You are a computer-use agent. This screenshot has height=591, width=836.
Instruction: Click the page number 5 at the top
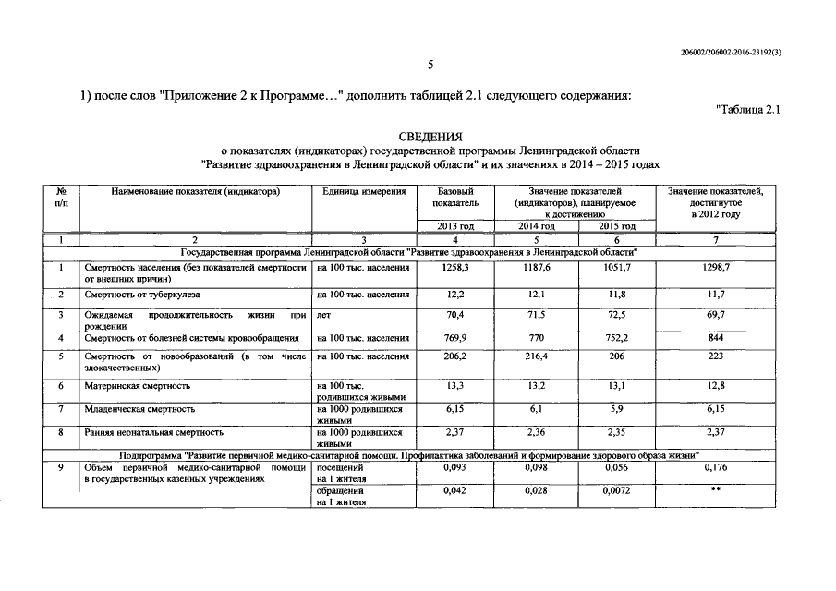click(430, 65)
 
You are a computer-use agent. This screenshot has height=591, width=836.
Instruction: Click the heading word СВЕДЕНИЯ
click(430, 136)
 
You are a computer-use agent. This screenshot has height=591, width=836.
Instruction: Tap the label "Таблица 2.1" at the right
click(749, 111)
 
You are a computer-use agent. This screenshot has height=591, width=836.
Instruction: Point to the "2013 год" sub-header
click(455, 226)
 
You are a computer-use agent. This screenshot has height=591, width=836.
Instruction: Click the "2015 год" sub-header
click(617, 226)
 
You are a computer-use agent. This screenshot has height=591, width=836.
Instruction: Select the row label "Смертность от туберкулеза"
click(141, 295)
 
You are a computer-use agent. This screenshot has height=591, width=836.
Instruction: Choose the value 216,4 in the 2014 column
click(537, 356)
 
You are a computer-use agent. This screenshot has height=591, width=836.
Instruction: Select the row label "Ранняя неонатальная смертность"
click(153, 431)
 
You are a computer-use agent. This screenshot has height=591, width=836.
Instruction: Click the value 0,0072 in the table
click(617, 493)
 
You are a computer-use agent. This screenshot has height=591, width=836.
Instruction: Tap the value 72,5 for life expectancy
click(617, 315)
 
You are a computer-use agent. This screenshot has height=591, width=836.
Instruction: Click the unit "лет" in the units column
click(324, 315)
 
